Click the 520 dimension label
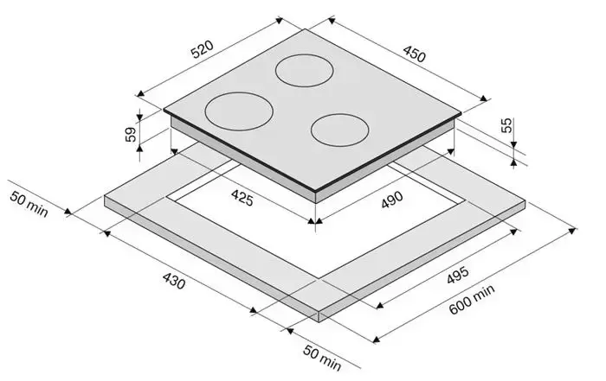tap(202, 49)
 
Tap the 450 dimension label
tap(415, 54)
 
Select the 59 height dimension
tap(132, 134)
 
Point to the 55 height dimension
tap(506, 124)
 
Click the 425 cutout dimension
tap(242, 198)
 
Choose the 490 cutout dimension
tap(392, 200)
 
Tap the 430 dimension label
tap(173, 281)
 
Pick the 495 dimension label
tap(458, 275)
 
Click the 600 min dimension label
tap(472, 299)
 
